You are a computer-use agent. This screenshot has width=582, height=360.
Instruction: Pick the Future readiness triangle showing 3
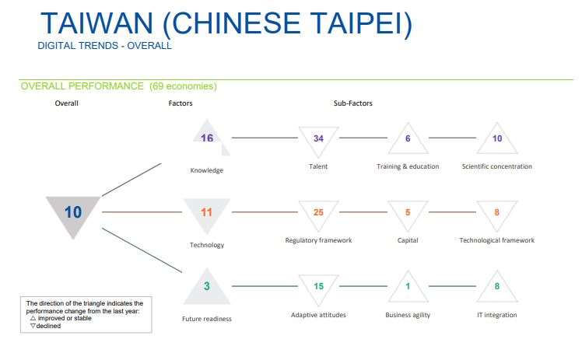[207, 287]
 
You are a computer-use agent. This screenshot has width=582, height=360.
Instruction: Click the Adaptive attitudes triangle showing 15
[318, 286]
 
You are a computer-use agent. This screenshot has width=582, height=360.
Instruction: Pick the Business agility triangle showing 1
[408, 286]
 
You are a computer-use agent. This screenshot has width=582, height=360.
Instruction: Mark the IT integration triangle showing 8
[497, 286]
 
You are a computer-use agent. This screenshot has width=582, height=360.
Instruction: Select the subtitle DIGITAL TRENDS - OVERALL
[104, 46]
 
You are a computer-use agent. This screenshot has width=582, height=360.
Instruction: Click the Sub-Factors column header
[352, 103]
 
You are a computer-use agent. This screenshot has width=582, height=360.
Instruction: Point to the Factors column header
[181, 103]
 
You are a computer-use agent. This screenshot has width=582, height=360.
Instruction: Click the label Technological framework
[496, 240]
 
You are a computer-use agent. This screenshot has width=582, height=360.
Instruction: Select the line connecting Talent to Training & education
[363, 138]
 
